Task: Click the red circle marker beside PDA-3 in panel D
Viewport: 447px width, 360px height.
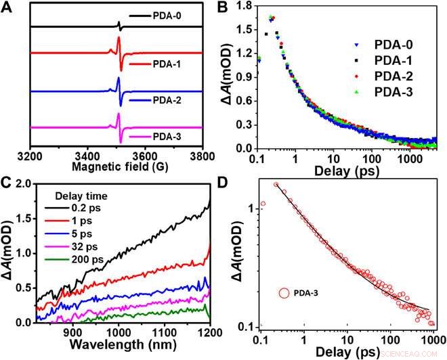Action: click(x=283, y=294)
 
